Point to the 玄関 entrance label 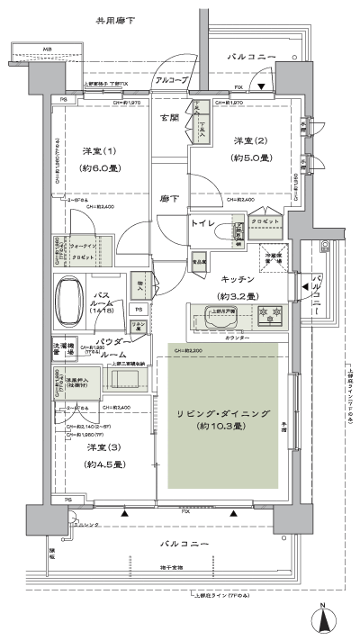pos(169,118)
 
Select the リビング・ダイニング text pos(221,411)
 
